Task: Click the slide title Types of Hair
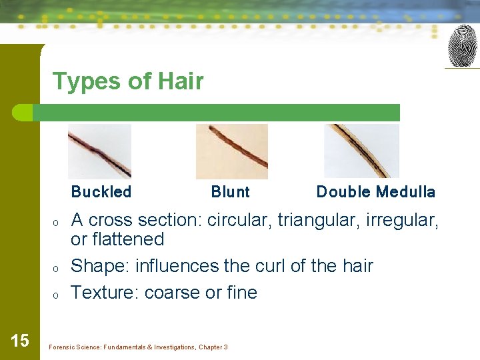(x=128, y=81)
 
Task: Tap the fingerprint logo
(x=462, y=46)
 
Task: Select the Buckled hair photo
(x=99, y=151)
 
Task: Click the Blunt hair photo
(x=231, y=151)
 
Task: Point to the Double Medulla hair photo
(x=361, y=151)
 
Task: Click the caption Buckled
(x=101, y=192)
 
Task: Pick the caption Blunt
(x=230, y=192)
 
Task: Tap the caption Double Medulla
(x=375, y=192)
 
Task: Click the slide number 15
(x=20, y=341)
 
